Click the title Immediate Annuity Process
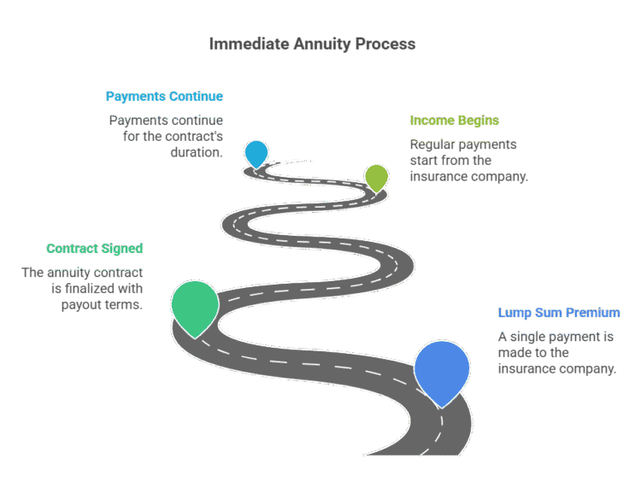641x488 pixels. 312,44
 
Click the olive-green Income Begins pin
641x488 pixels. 376,176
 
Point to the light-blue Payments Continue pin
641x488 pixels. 256,152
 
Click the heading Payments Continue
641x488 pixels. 164,97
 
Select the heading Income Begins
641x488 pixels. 454,121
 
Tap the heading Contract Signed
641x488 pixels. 95,249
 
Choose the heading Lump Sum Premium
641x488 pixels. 559,312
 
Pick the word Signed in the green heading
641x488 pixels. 121,249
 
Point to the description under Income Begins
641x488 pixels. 468,161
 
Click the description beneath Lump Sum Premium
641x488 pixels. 556,353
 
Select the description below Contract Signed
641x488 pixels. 83,289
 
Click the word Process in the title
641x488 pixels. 388,44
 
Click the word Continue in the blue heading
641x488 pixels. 196,97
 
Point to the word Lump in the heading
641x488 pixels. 513,312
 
